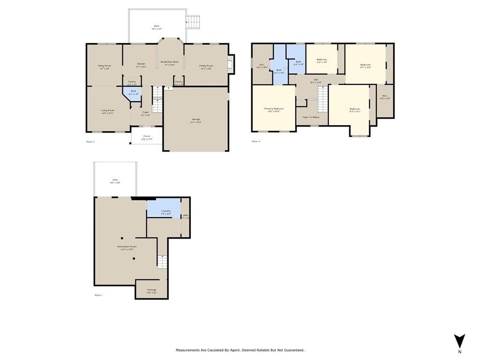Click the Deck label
(x=157, y=26)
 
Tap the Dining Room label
(x=105, y=66)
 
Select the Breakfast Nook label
(x=170, y=62)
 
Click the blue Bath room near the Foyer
(x=133, y=92)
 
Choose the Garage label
(x=195, y=120)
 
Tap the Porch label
(x=147, y=136)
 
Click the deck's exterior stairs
(x=193, y=21)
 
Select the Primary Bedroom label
(x=274, y=108)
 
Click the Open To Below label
(x=311, y=117)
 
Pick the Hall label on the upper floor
(x=316, y=80)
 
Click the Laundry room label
(x=166, y=211)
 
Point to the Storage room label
(x=151, y=290)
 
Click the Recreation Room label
(x=127, y=247)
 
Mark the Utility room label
(x=186, y=216)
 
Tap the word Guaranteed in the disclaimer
(x=293, y=350)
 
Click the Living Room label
(x=107, y=111)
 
